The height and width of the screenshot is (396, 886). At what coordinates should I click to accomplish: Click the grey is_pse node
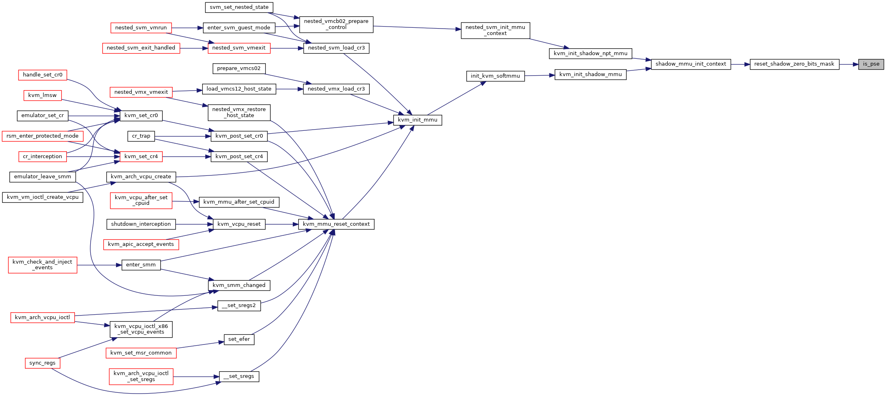871,64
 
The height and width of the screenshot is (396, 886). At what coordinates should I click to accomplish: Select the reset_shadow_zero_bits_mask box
794,64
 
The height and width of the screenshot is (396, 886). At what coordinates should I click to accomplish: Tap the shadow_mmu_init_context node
691,64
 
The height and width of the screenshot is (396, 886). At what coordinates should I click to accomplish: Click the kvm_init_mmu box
418,120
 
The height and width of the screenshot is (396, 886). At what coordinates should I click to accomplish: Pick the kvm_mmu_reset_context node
336,224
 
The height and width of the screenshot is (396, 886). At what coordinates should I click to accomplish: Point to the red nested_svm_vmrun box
141,28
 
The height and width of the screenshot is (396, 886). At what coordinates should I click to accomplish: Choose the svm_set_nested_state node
239,7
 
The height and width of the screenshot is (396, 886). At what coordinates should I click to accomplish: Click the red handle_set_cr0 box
43,75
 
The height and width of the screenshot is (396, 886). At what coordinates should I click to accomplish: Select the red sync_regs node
42,363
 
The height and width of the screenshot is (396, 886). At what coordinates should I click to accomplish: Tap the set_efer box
239,340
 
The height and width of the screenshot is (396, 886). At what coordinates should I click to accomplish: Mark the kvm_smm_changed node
239,285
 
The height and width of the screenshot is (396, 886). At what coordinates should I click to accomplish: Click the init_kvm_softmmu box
495,76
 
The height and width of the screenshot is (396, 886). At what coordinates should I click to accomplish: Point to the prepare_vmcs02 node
239,69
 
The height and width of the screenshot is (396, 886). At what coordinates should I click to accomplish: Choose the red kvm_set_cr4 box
141,157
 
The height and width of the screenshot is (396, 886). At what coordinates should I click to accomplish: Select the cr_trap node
141,136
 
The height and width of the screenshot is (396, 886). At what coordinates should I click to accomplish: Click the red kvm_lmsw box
42,95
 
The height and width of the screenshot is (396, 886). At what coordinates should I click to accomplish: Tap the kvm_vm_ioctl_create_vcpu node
43,197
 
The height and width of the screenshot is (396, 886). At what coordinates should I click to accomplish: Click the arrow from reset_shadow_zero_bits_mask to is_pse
849,64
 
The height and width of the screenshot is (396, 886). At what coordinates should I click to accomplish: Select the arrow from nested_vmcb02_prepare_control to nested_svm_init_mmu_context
417,28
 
